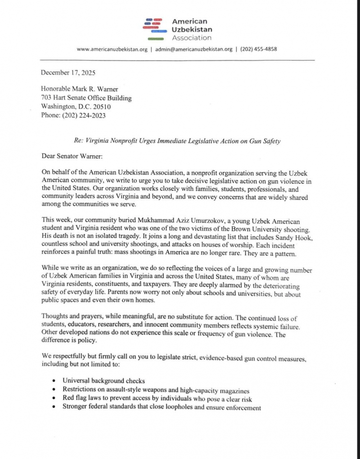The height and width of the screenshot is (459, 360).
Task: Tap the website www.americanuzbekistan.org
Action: click(112, 49)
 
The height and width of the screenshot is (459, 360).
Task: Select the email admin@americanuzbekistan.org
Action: click(193, 49)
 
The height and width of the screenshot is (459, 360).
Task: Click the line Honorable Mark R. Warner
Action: click(80, 90)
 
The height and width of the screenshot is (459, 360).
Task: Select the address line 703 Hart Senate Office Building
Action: click(86, 98)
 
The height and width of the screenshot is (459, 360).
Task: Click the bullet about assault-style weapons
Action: click(156, 390)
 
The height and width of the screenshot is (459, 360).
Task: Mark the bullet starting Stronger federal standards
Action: click(162, 408)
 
